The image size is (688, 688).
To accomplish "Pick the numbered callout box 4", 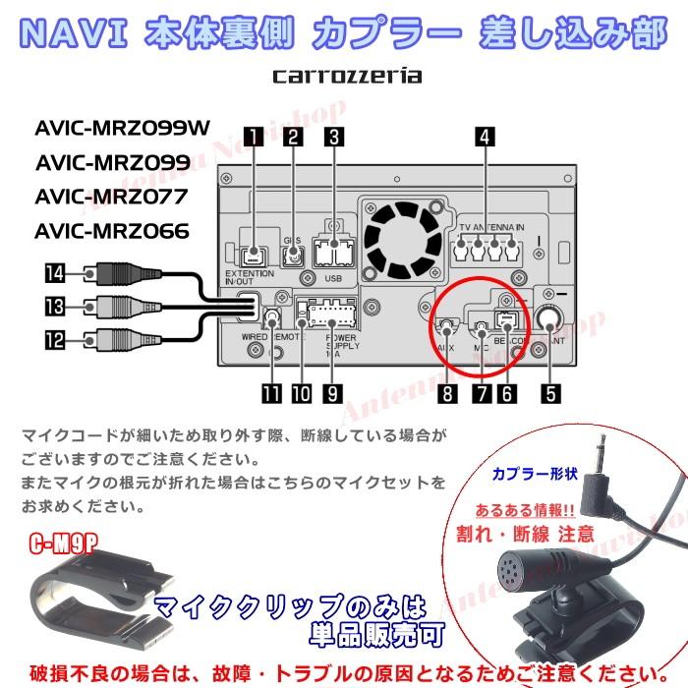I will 483,139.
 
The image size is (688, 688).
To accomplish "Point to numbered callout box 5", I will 551,393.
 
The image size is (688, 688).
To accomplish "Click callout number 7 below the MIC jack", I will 481,393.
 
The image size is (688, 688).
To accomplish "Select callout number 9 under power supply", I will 333,393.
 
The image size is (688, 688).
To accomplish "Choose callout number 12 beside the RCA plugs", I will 53,341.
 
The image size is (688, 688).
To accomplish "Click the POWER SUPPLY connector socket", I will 326,315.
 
